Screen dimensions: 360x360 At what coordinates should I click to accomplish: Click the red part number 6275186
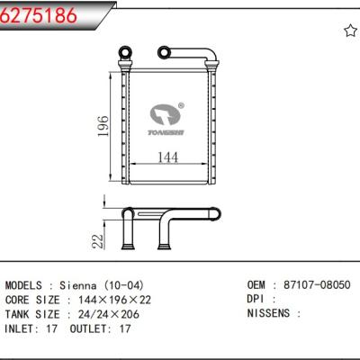[39, 14]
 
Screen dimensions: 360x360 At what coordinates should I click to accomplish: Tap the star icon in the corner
[350, 31]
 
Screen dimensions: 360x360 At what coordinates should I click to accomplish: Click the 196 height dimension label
[103, 126]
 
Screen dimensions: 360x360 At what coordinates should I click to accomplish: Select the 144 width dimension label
[167, 157]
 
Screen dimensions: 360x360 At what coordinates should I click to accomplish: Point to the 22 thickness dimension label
[97, 241]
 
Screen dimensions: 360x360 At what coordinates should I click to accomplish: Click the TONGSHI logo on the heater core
[166, 119]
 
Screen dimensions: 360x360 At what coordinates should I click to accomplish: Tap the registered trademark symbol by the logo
[181, 105]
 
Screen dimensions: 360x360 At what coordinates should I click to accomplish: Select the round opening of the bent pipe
[164, 52]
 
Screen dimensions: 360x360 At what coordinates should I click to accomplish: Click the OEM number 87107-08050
[317, 284]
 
